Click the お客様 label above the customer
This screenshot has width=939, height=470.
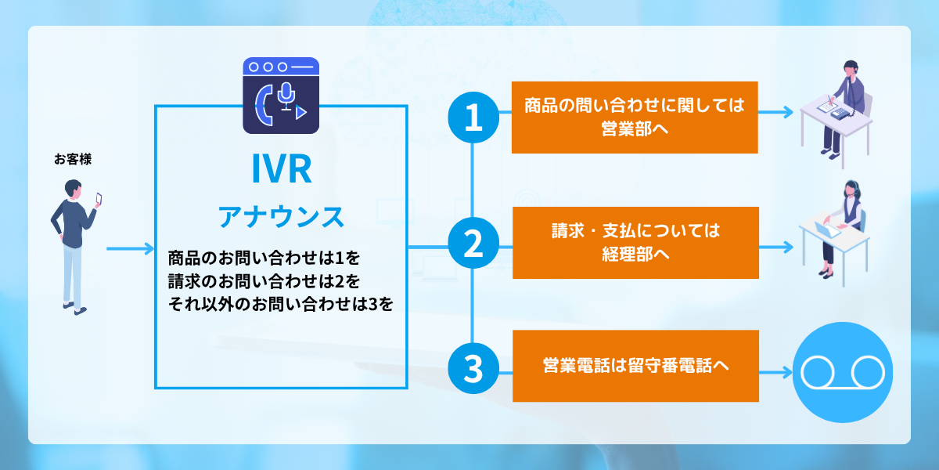(73, 160)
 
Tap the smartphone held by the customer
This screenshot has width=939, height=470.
(99, 198)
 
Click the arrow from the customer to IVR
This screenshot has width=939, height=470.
(131, 249)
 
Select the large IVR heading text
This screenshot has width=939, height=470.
(282, 169)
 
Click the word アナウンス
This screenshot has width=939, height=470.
(281, 215)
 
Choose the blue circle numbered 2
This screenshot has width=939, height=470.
(473, 244)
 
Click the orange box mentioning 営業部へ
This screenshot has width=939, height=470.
(635, 117)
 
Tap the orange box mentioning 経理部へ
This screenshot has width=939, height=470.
(635, 243)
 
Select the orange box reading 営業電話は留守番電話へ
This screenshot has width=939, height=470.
(635, 366)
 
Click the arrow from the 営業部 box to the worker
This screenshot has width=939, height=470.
(776, 112)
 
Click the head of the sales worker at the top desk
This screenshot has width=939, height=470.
(851, 68)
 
